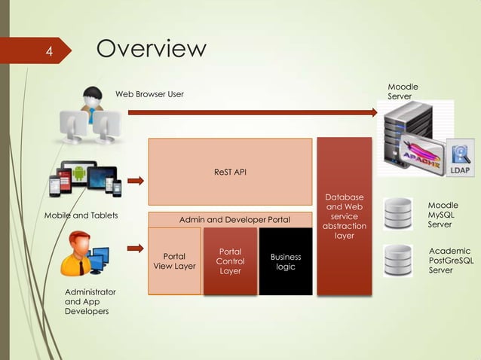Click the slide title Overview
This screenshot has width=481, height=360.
tap(151, 49)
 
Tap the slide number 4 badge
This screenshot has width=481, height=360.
tap(47, 52)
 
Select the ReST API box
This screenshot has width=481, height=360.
tap(230, 172)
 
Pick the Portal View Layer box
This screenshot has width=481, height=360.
tap(174, 261)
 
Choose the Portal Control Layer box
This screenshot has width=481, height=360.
tap(230, 261)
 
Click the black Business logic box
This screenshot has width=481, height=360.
tap(286, 261)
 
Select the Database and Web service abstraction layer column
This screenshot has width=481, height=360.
tap(344, 216)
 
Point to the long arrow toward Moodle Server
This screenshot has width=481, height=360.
tap(252, 113)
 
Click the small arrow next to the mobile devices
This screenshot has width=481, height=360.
tap(136, 181)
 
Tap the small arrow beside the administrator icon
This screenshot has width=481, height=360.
tap(136, 248)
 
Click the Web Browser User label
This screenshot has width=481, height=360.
tap(149, 94)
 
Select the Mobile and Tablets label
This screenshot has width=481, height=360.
tap(81, 216)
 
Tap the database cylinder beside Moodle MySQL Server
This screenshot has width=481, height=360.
tap(397, 214)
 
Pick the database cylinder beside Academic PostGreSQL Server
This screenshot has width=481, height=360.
tap(397, 261)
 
